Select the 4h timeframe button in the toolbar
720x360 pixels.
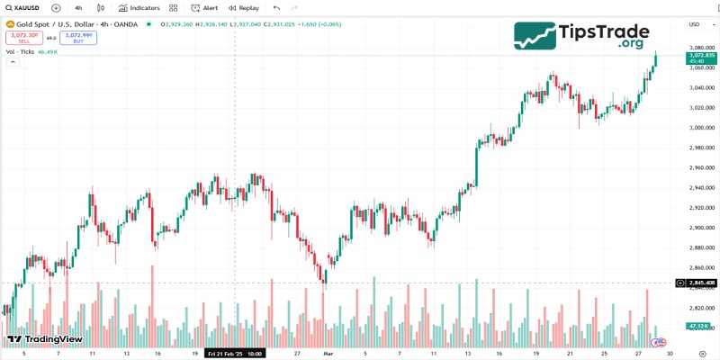(78, 7)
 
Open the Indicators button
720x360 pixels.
(139, 7)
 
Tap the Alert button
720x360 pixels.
(204, 7)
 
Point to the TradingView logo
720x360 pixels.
(45, 339)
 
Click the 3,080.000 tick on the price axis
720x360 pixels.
(701, 48)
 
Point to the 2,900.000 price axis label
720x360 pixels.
(701, 228)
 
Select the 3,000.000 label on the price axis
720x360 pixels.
(701, 128)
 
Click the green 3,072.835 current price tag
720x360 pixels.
(701, 58)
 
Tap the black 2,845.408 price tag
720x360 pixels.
(701, 283)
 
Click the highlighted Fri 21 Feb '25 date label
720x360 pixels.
(235, 354)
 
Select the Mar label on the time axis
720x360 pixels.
(328, 354)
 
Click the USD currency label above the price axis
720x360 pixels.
(694, 24)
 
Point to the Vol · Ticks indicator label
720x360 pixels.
(20, 52)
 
